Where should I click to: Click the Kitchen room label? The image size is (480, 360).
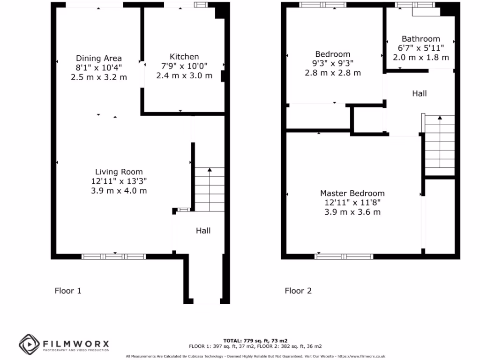tap(184, 56)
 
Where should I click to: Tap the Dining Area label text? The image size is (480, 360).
tap(99, 58)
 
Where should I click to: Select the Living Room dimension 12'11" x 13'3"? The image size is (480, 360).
tap(119, 181)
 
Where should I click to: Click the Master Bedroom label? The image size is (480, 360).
tap(352, 193)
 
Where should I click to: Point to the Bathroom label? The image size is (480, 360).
tap(420, 39)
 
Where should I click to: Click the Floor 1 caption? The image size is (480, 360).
tap(68, 291)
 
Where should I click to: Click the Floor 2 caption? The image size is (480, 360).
tap(298, 291)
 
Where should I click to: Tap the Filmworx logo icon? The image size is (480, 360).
tap(29, 345)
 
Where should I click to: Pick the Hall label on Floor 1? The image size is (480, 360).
tap(203, 231)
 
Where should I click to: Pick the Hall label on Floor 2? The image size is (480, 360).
tap(419, 94)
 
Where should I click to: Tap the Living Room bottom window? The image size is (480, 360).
tap(113, 256)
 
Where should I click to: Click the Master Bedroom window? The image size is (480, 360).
tap(344, 256)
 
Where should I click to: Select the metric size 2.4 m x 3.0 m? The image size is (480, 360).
tap(184, 75)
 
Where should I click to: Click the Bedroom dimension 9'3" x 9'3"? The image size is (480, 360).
tap(333, 63)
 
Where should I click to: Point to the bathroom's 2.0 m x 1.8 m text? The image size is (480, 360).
tap(420, 57)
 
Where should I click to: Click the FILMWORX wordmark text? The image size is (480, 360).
tap(76, 343)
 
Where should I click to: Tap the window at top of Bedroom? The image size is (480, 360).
tap(322, 5)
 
